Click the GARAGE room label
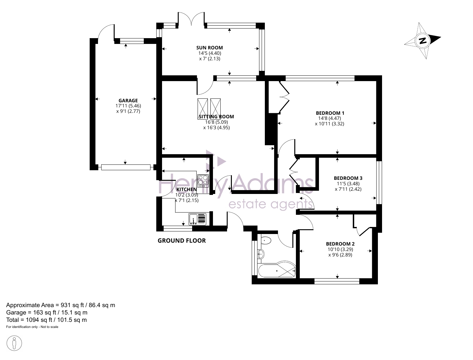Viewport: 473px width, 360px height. (128, 101)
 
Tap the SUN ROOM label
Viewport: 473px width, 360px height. (209, 48)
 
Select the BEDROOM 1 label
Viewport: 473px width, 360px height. (330, 113)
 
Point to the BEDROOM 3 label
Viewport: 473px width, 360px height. (348, 178)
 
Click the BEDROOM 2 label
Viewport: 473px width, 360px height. (340, 244)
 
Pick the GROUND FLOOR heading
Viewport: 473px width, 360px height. (182, 241)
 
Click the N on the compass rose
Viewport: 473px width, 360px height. (423, 40)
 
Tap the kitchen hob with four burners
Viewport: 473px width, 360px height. (203, 181)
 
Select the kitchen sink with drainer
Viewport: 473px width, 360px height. (197, 219)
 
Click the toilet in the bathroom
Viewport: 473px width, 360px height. (266, 240)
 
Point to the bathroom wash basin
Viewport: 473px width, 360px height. (261, 254)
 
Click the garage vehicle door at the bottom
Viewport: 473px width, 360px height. (126, 167)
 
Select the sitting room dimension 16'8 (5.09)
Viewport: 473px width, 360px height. (216, 122)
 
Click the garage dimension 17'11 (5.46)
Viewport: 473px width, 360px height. (128, 106)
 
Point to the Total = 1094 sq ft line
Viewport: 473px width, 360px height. (46, 320)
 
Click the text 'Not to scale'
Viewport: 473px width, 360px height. (49, 327)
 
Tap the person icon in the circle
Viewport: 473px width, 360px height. (14, 343)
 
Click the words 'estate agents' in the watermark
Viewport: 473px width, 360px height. (270, 204)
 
